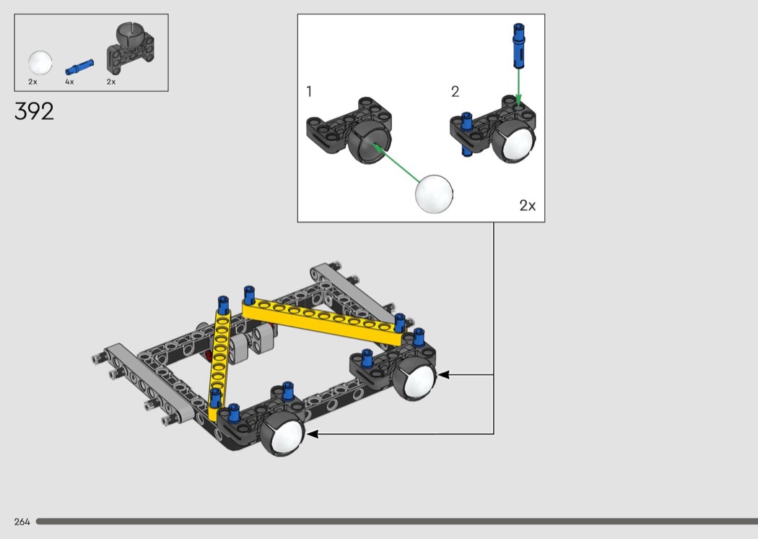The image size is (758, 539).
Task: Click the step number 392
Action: click(x=34, y=111)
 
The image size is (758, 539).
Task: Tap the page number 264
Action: click(x=22, y=522)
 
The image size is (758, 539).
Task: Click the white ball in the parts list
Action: click(x=40, y=63)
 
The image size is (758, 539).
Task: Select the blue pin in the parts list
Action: click(x=79, y=66)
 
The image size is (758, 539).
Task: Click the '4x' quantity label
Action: click(x=69, y=82)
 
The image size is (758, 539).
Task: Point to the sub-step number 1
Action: click(x=310, y=92)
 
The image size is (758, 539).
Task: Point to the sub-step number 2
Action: click(x=455, y=92)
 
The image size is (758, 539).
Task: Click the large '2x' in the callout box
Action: click(x=528, y=206)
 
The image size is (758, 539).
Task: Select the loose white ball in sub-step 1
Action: click(x=434, y=194)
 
